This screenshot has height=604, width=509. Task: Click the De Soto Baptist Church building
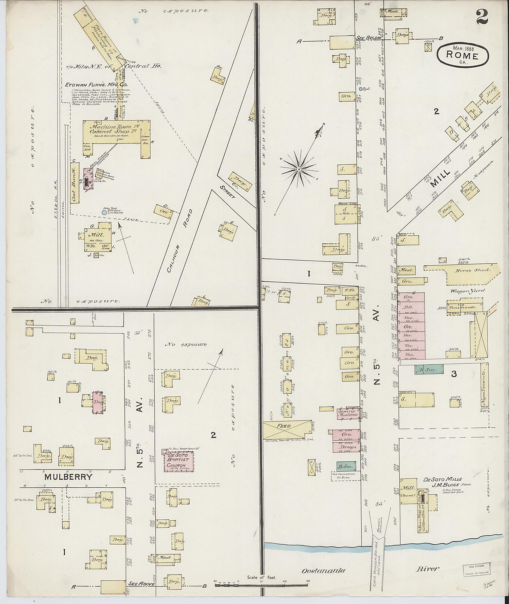pos(179,461)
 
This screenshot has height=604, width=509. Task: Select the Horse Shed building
pos(472,274)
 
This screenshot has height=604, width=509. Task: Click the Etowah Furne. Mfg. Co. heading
pos(96,85)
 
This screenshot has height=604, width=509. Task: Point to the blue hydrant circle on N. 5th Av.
pos(361,89)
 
